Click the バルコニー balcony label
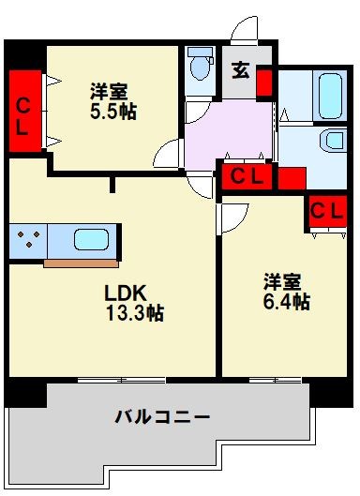(162, 415)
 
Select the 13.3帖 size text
(134, 313)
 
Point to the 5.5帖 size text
(112, 112)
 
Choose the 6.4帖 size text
(285, 302)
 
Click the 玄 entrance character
(242, 70)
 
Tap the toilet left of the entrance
(199, 66)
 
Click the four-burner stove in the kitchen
(29, 240)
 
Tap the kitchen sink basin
(91, 239)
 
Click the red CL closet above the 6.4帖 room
(325, 212)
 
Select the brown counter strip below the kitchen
(81, 262)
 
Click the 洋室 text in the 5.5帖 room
(110, 91)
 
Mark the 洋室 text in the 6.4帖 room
(283, 280)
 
